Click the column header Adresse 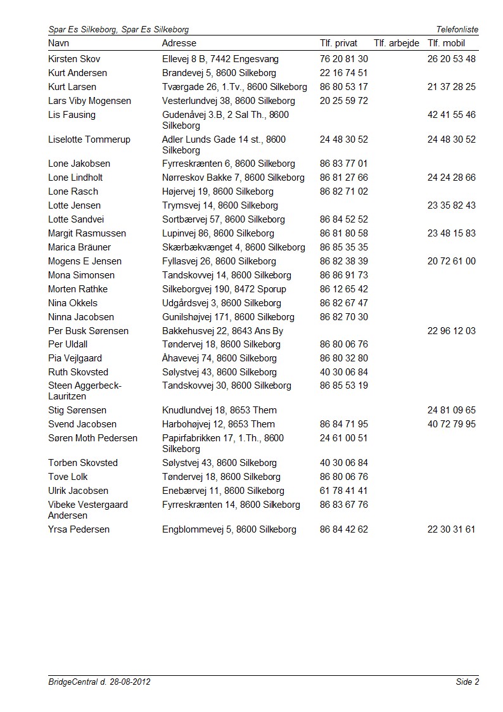(179, 43)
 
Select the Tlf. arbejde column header (397, 43)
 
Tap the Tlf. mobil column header (446, 43)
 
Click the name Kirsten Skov (74, 59)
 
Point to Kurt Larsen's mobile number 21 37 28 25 (451, 87)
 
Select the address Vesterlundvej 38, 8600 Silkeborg (228, 101)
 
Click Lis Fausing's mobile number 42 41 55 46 (451, 115)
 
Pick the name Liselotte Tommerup (89, 139)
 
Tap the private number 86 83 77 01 (344, 164)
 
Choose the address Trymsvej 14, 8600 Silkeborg (220, 205)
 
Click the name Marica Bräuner (79, 247)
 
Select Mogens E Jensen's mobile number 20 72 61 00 (451, 261)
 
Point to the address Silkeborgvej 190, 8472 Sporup (224, 289)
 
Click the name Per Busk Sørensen (88, 331)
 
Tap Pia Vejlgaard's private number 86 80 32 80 (344, 358)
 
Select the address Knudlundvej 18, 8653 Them (219, 410)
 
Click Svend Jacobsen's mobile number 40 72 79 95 (451, 424)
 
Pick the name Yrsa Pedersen (79, 529)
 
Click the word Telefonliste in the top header (457, 29)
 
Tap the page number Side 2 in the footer (467, 682)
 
